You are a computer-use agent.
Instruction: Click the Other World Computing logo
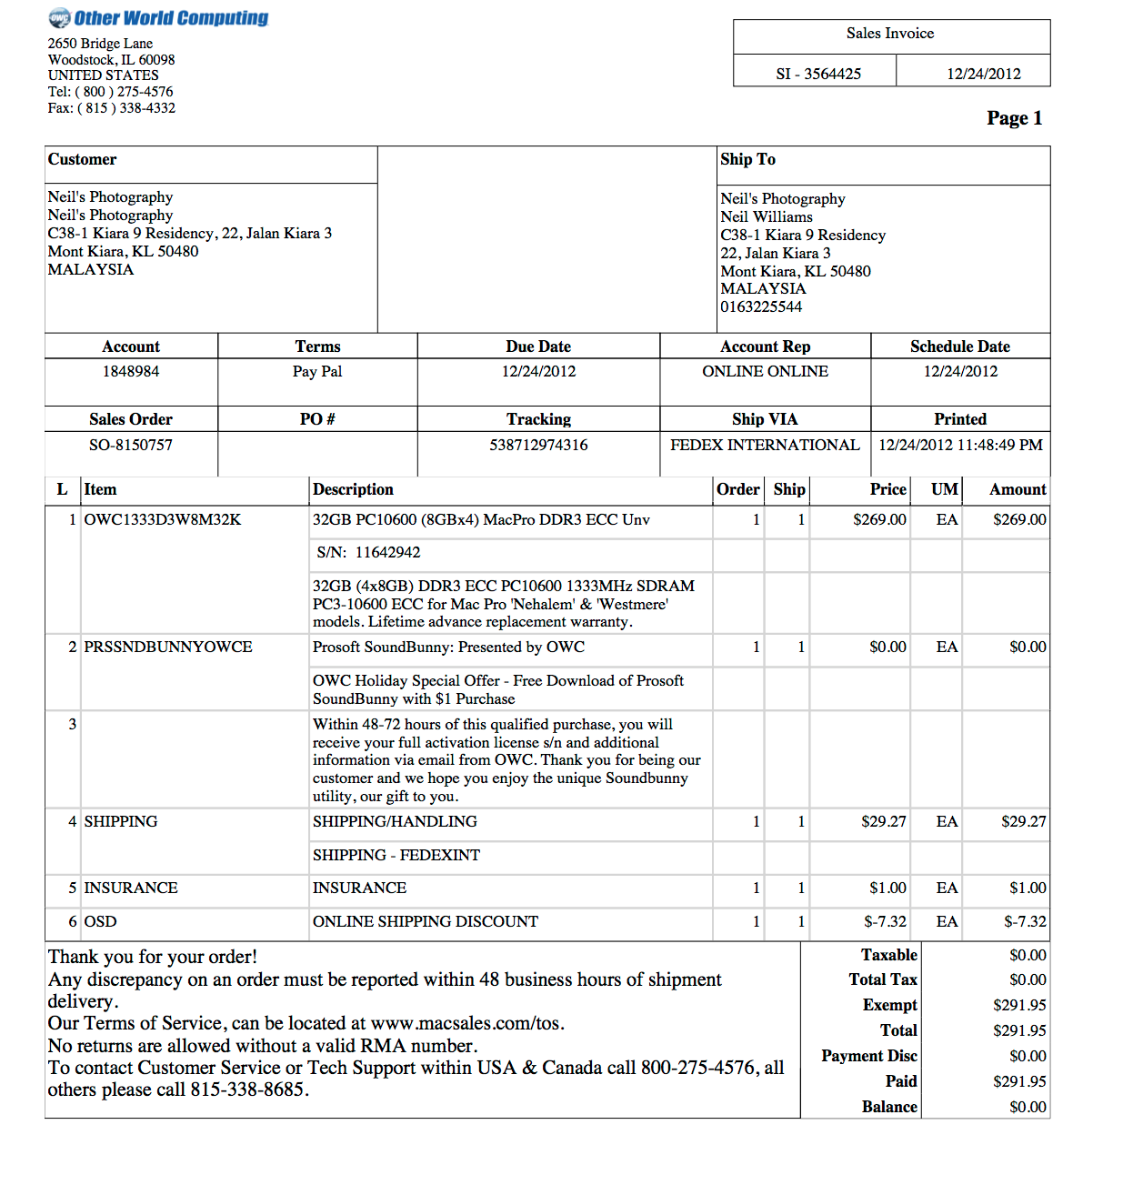pyautogui.click(x=158, y=18)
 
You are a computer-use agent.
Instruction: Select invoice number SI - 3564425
pyautogui.click(x=817, y=74)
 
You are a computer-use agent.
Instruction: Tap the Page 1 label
pyautogui.click(x=1014, y=118)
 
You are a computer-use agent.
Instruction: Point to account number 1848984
pyautogui.click(x=131, y=371)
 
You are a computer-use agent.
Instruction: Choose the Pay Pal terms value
pyautogui.click(x=317, y=371)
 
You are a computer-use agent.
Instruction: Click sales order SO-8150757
pyautogui.click(x=131, y=445)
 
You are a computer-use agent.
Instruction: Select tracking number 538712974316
pyautogui.click(x=538, y=445)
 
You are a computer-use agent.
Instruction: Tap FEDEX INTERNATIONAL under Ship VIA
pyautogui.click(x=765, y=445)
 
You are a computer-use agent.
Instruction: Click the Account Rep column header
pyautogui.click(x=765, y=346)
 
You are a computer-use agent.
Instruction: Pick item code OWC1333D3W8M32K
pyautogui.click(x=163, y=519)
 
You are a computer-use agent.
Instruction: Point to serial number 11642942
pyautogui.click(x=387, y=552)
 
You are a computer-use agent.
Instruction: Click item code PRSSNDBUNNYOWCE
pyautogui.click(x=168, y=647)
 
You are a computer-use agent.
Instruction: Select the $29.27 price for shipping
pyautogui.click(x=883, y=821)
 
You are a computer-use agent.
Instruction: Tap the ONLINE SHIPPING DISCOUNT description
pyautogui.click(x=426, y=921)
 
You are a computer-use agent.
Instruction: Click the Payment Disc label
pyautogui.click(x=868, y=1056)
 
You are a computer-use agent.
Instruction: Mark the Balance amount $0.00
pyautogui.click(x=1028, y=1107)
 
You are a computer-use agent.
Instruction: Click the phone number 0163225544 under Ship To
pyautogui.click(x=761, y=306)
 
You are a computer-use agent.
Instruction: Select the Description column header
pyautogui.click(x=353, y=489)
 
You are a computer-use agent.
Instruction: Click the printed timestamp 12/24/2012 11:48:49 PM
pyautogui.click(x=960, y=445)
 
